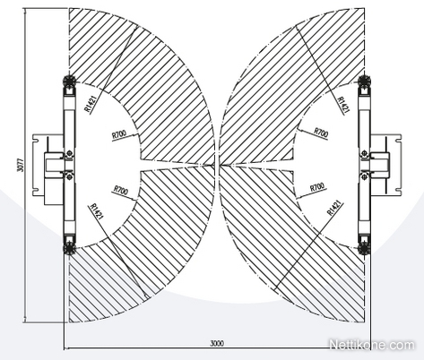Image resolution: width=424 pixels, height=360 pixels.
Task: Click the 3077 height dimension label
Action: (x=21, y=165)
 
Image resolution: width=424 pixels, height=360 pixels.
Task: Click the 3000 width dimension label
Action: (x=217, y=344)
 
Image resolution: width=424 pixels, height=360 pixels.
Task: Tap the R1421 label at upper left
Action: (x=91, y=105)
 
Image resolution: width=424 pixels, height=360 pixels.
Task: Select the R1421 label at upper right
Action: (x=342, y=105)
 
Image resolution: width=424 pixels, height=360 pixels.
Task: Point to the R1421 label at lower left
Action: (x=97, y=211)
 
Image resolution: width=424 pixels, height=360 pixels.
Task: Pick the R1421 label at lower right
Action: (x=335, y=208)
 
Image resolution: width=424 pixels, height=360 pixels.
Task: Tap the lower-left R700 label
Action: (x=120, y=190)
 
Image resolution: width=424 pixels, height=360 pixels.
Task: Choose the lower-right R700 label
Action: (x=317, y=187)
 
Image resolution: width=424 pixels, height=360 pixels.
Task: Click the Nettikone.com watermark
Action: (x=372, y=345)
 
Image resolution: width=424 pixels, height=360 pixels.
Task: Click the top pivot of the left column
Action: (x=68, y=81)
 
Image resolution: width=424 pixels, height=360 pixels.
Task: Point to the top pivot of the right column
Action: (x=365, y=81)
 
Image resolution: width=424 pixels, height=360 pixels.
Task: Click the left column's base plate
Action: (x=48, y=165)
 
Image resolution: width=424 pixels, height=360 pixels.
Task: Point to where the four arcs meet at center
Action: (x=217, y=165)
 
